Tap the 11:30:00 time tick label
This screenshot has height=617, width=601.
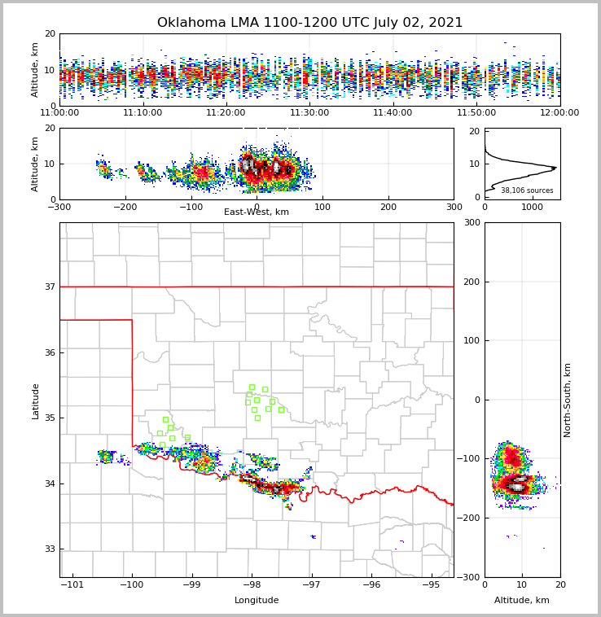(x=309, y=113)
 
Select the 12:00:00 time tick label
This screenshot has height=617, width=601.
(x=559, y=113)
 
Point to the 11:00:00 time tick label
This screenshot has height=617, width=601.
(x=60, y=113)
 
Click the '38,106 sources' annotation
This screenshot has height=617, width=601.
(x=527, y=190)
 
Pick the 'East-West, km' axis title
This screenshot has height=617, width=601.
(x=257, y=212)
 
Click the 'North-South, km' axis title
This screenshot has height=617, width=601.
(x=568, y=400)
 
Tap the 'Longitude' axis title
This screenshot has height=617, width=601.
(x=257, y=601)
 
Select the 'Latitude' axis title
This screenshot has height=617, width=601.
(x=36, y=400)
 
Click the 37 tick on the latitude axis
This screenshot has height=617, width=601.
(x=50, y=287)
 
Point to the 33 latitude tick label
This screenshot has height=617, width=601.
(x=50, y=549)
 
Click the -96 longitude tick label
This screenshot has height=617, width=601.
(x=371, y=584)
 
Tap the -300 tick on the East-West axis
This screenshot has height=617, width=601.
(x=60, y=207)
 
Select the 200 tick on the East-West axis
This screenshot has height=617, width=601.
(x=388, y=207)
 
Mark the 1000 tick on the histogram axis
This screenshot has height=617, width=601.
(x=532, y=207)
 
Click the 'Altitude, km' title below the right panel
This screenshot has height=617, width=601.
(x=522, y=601)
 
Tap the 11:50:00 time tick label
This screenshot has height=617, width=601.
(x=476, y=113)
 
